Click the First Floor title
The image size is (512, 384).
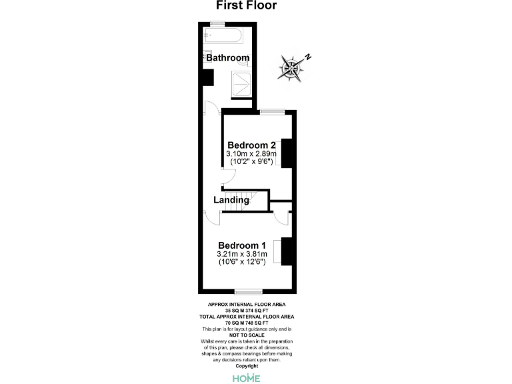[247, 6]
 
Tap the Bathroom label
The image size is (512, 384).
[227, 58]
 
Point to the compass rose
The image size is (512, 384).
[291, 67]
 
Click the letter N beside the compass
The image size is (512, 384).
[307, 57]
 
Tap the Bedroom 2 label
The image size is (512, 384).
[251, 145]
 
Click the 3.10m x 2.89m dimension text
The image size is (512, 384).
[251, 155]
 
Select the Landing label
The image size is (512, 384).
[231, 200]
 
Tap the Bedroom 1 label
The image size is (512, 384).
[241, 245]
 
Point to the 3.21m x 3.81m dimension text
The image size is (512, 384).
[241, 254]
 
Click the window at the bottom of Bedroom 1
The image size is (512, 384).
[247, 291]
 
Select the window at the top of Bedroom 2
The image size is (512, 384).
[269, 111]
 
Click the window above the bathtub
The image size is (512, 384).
[217, 24]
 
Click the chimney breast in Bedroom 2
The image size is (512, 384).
[288, 153]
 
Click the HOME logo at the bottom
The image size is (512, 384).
[247, 378]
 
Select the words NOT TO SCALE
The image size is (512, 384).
[247, 335]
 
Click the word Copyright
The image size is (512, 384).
[247, 366]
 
